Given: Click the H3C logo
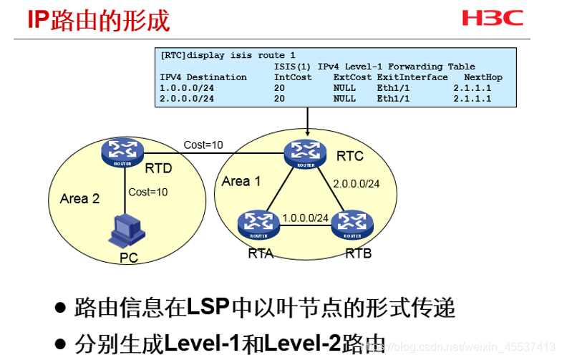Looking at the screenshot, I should [x=493, y=18].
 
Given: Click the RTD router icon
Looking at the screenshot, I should [x=123, y=152].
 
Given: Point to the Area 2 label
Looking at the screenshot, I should [x=79, y=198].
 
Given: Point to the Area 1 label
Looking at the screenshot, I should [x=241, y=181].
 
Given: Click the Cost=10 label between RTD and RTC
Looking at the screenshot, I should [x=203, y=145].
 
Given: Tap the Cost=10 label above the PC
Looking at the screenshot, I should [x=148, y=192].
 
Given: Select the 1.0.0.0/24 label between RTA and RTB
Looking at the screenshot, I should [x=305, y=218].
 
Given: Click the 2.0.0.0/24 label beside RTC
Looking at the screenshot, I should [x=356, y=183].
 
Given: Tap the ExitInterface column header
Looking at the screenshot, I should [x=412, y=77].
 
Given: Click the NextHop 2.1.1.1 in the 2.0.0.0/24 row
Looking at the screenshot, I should [x=472, y=99].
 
